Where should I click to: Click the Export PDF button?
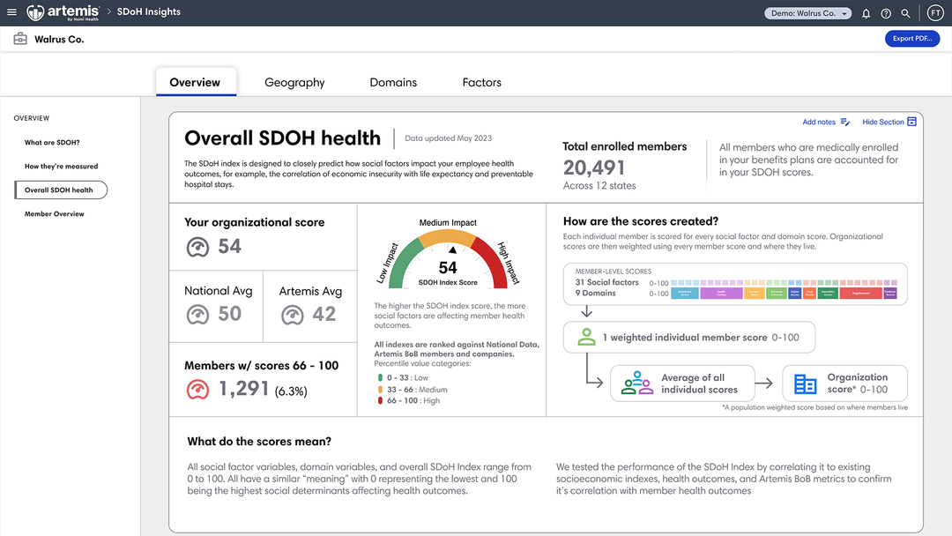tap(911, 39)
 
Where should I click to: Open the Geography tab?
tap(294, 82)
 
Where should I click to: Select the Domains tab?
tap(393, 82)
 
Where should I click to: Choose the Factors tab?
tap(481, 82)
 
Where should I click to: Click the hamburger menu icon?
tap(11, 12)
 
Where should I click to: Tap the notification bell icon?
tap(866, 13)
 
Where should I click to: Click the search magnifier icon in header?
tap(906, 13)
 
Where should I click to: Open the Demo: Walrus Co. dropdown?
tap(807, 13)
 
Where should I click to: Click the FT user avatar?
tap(935, 12)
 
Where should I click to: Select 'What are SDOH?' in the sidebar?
tap(52, 142)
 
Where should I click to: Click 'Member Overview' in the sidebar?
tap(55, 214)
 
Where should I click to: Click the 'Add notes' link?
tap(826, 122)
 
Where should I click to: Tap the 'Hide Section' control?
tap(889, 122)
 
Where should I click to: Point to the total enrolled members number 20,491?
tap(594, 167)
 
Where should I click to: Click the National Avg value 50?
tap(229, 314)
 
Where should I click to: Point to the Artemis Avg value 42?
tap(324, 314)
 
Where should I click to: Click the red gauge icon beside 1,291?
tap(197, 389)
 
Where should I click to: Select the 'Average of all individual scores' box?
tap(682, 383)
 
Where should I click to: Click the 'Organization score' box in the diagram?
tap(844, 383)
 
